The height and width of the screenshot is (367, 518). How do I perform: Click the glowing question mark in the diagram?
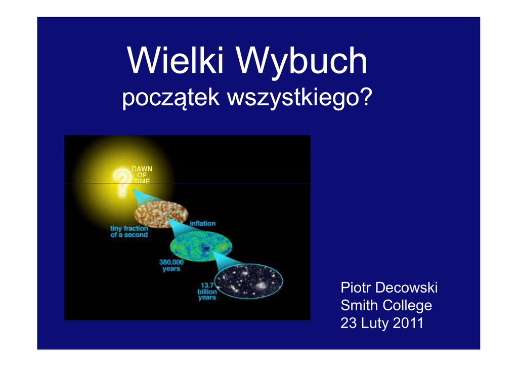pos(121,182)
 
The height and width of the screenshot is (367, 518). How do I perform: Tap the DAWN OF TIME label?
pos(142,175)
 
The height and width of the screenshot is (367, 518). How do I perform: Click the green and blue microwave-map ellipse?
pos(201,247)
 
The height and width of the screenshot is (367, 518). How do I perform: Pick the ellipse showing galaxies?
pos(248,281)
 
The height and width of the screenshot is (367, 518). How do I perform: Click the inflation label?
pos(202,224)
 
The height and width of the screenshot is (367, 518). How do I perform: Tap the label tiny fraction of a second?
pos(129,231)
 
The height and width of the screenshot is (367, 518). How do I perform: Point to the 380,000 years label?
pos(171,265)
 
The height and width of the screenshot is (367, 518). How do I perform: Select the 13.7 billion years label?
pos(207,291)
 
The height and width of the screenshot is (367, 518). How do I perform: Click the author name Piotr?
pos(356,288)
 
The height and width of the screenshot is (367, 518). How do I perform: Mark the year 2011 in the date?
pos(408,323)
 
